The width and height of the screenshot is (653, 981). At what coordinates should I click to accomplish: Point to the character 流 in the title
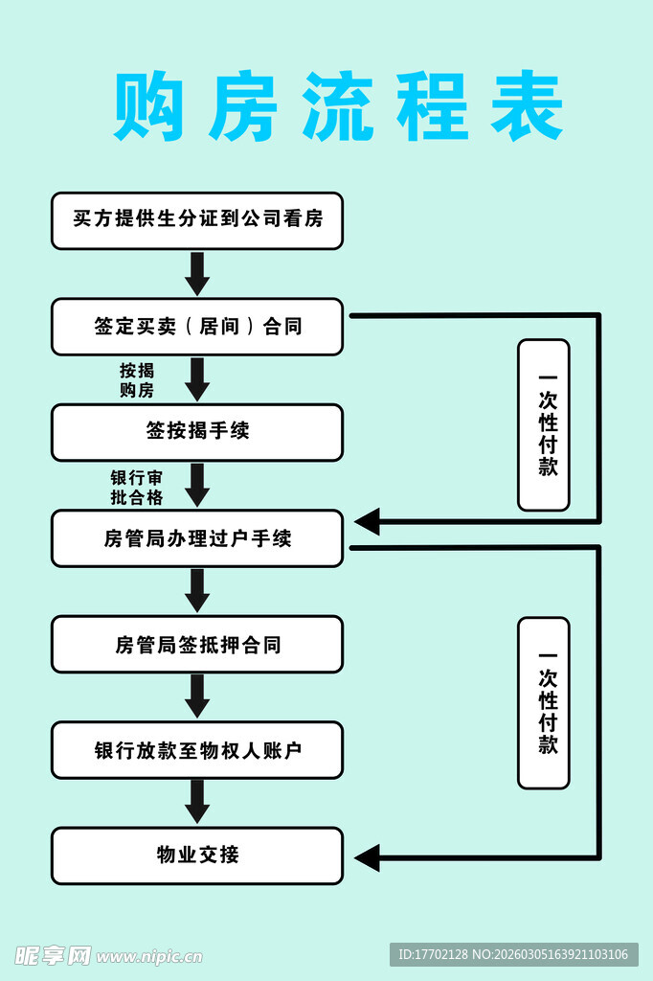point(337,107)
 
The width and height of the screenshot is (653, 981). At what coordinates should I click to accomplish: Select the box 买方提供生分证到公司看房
point(197,220)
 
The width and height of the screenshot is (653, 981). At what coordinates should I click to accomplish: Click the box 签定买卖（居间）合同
point(197,327)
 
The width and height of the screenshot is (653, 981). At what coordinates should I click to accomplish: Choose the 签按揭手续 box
point(197,432)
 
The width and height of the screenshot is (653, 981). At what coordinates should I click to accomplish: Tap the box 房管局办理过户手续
point(197,538)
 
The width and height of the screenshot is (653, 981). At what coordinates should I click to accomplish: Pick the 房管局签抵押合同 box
point(197,645)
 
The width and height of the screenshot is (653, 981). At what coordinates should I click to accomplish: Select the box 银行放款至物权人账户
point(197,750)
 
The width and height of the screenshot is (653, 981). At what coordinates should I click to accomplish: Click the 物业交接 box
point(197,856)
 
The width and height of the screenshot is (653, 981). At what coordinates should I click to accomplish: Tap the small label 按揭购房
point(136,380)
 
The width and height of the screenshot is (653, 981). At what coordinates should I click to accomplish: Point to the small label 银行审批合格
point(136,487)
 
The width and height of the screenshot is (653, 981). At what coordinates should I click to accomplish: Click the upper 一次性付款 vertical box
point(544,424)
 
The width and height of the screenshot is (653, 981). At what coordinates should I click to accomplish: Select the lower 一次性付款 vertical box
point(544,702)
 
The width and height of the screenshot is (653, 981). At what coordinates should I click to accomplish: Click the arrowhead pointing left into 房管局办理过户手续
point(368,522)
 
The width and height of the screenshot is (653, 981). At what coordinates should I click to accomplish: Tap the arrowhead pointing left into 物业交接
point(368,856)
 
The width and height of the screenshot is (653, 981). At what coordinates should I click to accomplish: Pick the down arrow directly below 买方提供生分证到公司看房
point(197,274)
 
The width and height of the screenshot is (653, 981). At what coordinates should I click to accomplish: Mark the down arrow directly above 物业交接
point(197,802)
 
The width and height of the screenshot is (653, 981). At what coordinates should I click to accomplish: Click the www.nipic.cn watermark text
point(149,955)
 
